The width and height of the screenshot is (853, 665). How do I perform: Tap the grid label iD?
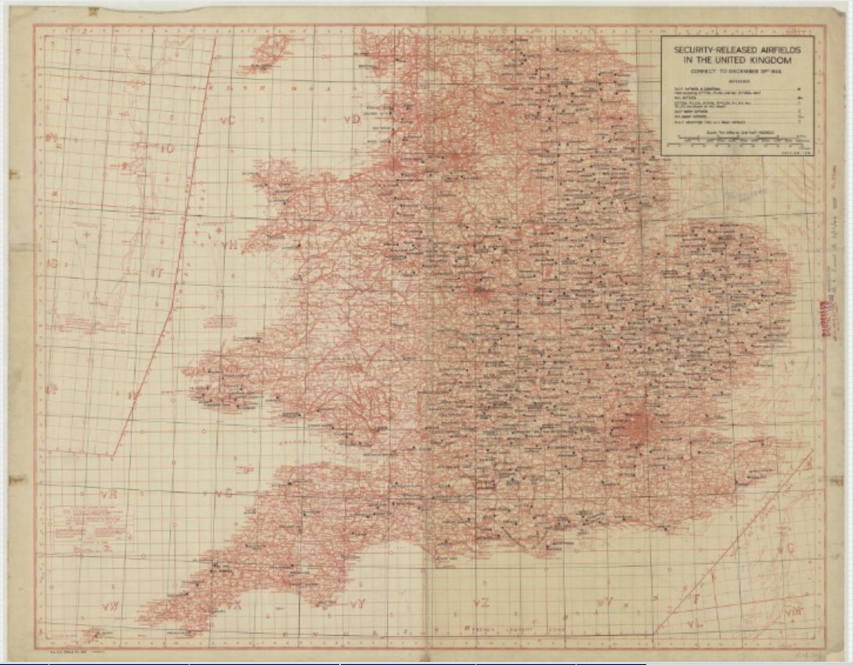(x=165, y=148)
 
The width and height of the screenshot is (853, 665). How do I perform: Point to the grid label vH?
(x=228, y=244)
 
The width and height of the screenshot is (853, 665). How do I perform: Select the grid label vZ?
(x=482, y=602)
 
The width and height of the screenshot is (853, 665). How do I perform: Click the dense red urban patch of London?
(x=638, y=427)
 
